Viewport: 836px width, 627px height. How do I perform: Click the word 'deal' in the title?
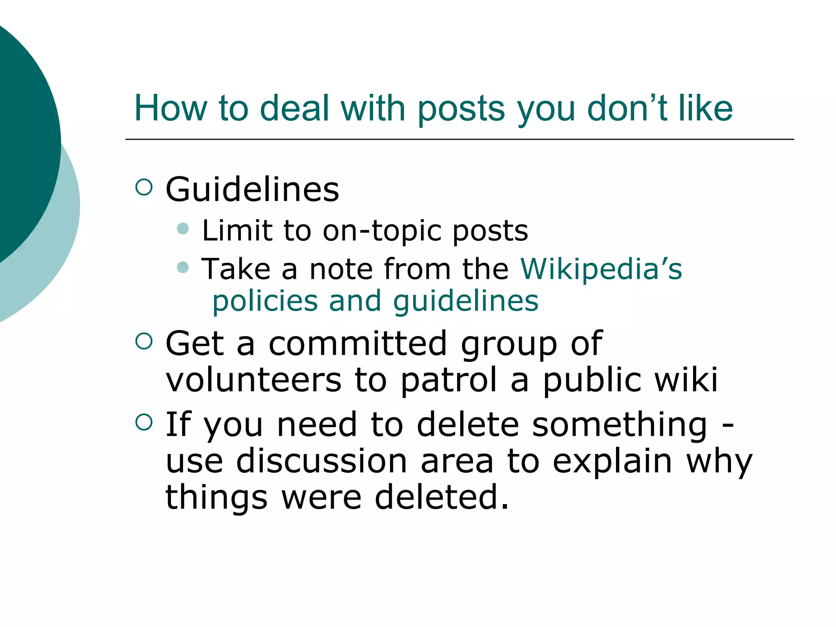(294, 108)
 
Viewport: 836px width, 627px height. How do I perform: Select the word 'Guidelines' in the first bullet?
(252, 189)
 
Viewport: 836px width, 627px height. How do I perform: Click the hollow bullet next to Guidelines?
(144, 187)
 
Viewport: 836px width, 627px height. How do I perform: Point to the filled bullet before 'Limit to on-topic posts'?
(183, 228)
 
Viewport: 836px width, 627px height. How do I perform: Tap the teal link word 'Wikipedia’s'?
(601, 269)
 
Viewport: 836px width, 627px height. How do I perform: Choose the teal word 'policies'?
(265, 301)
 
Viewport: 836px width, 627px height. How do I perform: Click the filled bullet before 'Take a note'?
(183, 267)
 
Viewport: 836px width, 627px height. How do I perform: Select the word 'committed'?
(358, 344)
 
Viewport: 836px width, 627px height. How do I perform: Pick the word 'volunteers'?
(253, 380)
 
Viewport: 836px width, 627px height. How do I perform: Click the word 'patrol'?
(449, 380)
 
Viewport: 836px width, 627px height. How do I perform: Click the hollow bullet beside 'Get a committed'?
(144, 341)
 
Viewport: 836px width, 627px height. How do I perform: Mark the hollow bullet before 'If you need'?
(144, 422)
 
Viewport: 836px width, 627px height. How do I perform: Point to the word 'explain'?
(612, 461)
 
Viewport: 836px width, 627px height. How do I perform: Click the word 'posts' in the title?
(461, 108)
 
